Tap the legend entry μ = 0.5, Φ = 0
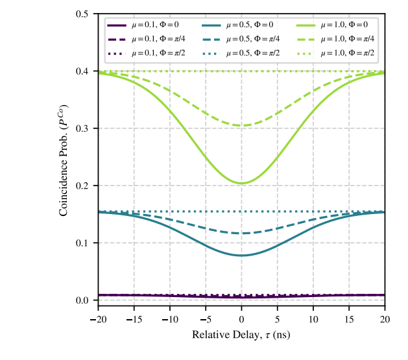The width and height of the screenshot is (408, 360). click(243, 25)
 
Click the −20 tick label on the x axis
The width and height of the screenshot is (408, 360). click(98, 319)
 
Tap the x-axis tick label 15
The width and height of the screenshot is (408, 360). click(349, 319)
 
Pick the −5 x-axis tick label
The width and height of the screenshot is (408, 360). click(205, 319)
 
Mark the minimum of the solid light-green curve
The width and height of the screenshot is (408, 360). click(241, 183)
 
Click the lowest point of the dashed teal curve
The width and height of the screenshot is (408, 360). click(241, 234)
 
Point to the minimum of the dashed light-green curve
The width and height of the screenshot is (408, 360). click(241, 126)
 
